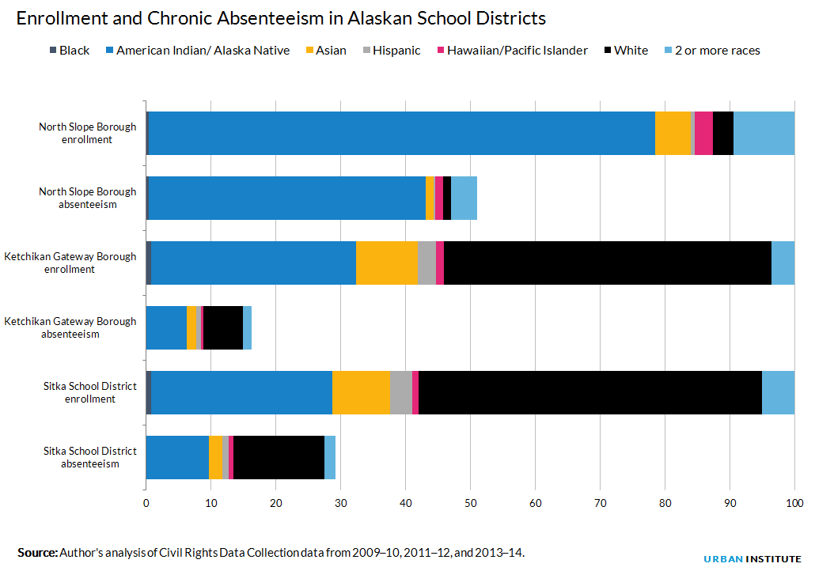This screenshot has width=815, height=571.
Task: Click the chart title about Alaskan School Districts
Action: [281, 18]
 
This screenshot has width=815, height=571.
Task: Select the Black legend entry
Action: [70, 51]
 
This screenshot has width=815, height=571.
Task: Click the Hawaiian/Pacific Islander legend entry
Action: [513, 51]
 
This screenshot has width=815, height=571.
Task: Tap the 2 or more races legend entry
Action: [713, 51]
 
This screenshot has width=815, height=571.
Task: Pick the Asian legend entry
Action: [326, 51]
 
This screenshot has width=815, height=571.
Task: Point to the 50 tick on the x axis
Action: [470, 503]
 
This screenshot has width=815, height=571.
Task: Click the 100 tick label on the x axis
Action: [794, 503]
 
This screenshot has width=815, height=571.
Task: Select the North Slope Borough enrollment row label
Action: [87, 133]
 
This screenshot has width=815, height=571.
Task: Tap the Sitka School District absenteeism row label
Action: [90, 457]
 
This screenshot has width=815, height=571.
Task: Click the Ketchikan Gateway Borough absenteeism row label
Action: [70, 327]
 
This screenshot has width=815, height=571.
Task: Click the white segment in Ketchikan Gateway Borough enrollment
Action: [608, 263]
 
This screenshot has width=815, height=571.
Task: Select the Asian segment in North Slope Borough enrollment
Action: [673, 133]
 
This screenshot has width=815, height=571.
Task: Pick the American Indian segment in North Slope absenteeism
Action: [287, 198]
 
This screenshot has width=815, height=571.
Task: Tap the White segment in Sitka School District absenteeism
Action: [279, 457]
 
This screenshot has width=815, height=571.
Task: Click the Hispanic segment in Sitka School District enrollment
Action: [401, 393]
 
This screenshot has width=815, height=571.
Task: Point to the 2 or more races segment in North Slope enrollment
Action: [764, 133]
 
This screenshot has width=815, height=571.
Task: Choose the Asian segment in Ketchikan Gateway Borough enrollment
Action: [387, 263]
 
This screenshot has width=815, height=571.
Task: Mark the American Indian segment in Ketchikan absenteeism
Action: [166, 328]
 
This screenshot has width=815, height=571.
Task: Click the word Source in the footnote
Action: [37, 552]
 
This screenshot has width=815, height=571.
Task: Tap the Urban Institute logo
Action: [752, 559]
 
